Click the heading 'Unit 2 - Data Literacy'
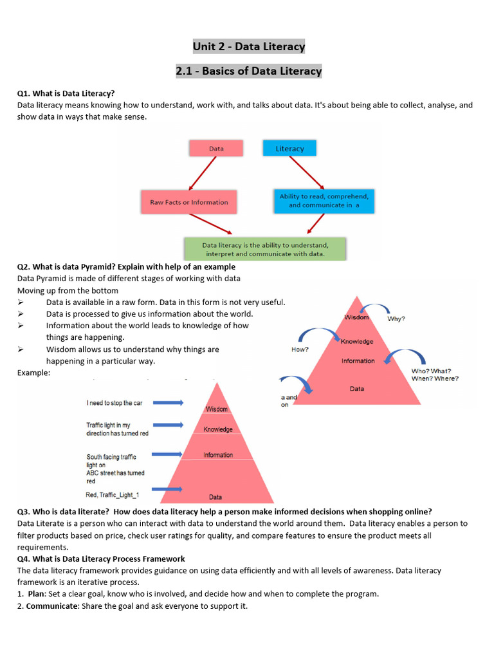coord(249,47)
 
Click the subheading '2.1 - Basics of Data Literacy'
coord(249,71)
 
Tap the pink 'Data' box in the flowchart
coord(216,149)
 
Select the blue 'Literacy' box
coord(289,149)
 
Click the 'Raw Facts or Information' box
coord(188,202)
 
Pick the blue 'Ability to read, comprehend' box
coord(324,201)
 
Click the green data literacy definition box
coord(265,249)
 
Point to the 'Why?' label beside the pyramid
coord(396,319)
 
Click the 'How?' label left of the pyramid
coord(300,349)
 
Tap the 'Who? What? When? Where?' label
coord(435,375)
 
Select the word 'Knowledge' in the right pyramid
coord(357,342)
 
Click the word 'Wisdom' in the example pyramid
coord(217,409)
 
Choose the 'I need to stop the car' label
coord(114,403)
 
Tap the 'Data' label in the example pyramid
coord(216,497)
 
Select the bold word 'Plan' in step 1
coord(37,594)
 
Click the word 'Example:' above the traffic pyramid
coord(33,373)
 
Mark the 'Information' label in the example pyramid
coord(218,455)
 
